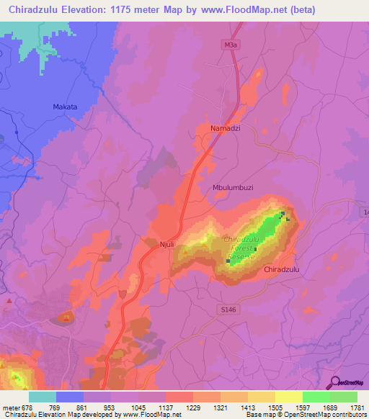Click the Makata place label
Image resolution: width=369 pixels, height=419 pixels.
point(65,107)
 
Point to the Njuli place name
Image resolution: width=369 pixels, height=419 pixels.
point(166,245)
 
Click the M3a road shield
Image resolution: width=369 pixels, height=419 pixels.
point(230,45)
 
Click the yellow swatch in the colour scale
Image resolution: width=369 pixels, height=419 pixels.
point(289,397)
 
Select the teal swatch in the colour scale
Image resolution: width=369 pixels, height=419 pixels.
point(43,397)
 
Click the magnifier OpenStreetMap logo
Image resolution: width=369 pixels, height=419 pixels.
point(334,382)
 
